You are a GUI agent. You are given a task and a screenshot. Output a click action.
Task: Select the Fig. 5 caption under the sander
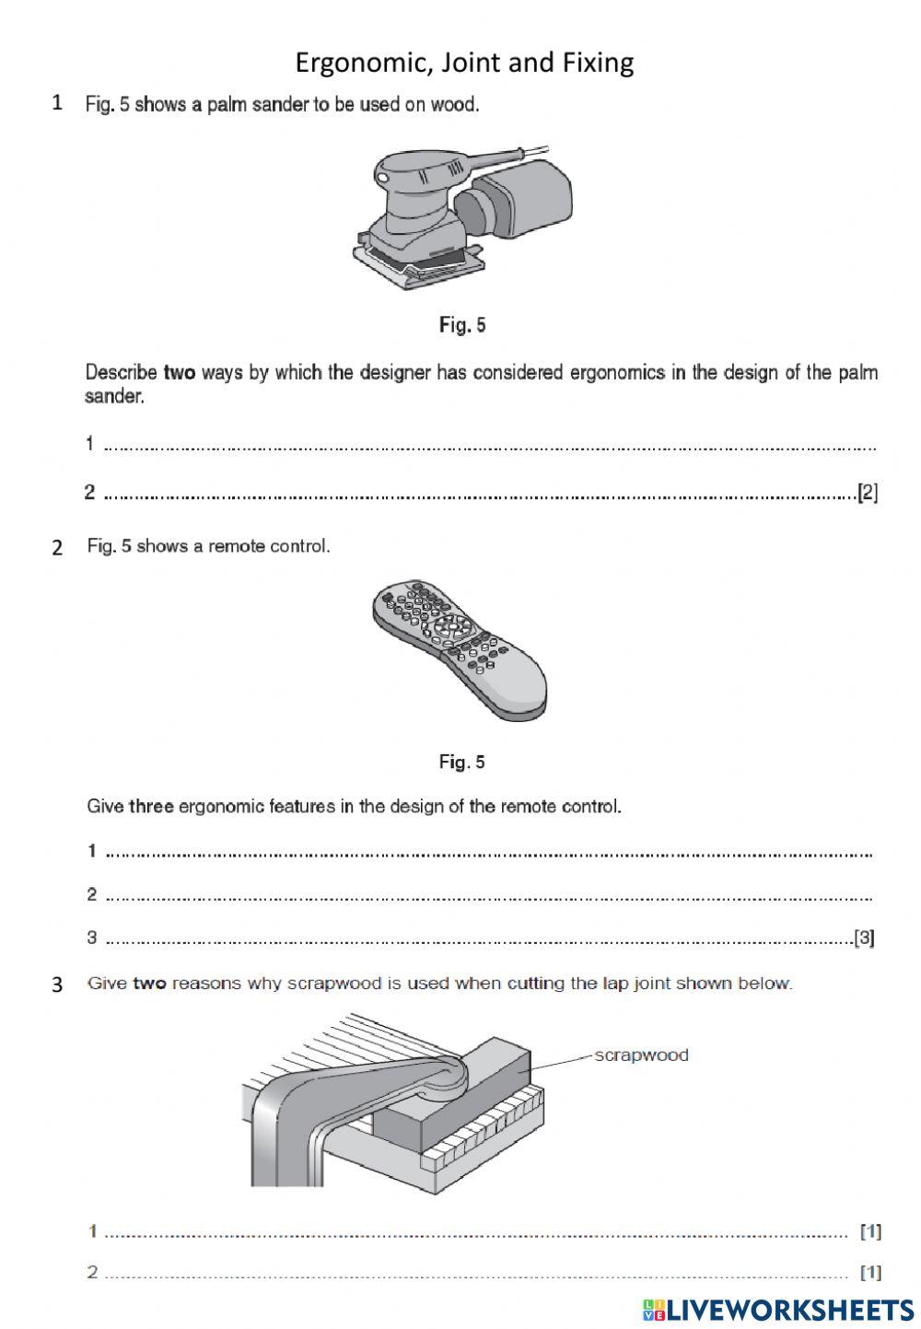coord(462,325)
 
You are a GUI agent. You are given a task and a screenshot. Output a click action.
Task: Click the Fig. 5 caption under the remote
coord(462,762)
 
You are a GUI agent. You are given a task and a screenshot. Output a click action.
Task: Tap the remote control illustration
coord(459,647)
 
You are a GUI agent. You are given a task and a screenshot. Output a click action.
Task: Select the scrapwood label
coord(641,1055)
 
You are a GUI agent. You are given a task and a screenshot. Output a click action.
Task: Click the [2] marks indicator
coord(867,493)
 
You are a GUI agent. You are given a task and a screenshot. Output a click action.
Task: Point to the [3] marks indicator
coord(864,938)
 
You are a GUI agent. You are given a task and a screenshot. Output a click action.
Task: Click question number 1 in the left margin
coord(57,103)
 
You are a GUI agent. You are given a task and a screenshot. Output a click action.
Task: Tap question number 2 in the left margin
coord(57,547)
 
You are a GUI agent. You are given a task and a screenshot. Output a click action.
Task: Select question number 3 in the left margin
coord(57,985)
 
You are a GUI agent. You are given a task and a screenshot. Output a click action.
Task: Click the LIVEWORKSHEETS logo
coord(778,1310)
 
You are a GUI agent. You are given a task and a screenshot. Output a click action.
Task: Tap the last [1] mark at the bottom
coord(870,1272)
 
